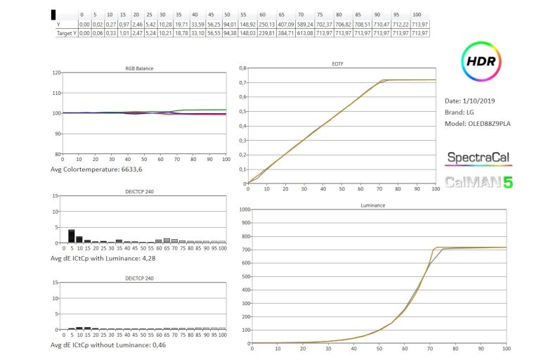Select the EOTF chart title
pos(337,64)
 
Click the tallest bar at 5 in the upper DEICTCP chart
pos(71,236)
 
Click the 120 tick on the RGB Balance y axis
pos(56,72)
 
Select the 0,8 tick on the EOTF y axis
pos(242,68)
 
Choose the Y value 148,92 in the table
pos(244,24)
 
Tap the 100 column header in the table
pos(417,15)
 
